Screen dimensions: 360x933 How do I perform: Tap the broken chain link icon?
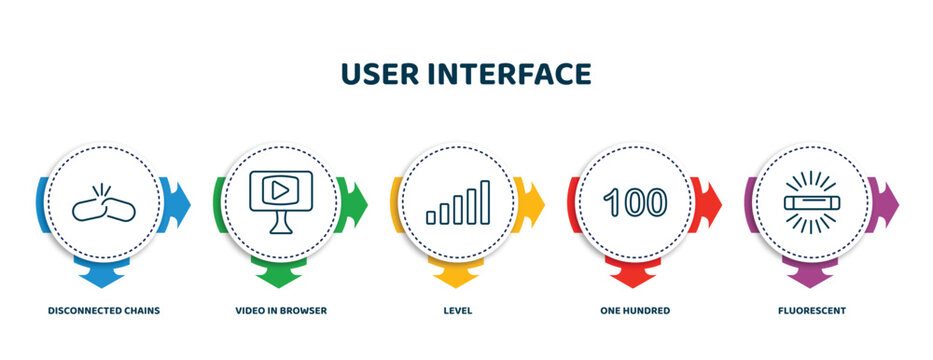[103, 203]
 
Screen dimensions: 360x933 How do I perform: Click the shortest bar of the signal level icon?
[431, 216]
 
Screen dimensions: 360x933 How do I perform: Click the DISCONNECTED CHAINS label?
[104, 311]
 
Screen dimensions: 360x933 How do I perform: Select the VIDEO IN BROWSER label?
[281, 311]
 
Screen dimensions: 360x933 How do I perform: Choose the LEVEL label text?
[458, 311]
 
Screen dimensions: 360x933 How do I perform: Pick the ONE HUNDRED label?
[635, 311]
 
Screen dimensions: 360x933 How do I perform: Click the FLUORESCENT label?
[812, 311]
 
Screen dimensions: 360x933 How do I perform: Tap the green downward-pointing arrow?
[281, 269]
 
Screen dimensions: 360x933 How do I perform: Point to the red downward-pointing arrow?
[635, 269]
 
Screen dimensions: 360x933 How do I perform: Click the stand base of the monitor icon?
[280, 229]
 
